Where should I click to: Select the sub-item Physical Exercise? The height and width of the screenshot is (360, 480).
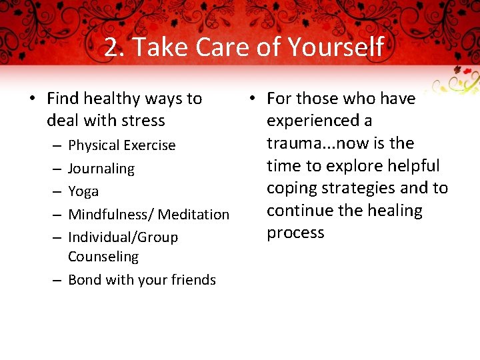click(x=122, y=145)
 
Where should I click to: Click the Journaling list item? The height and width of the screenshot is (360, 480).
click(x=101, y=169)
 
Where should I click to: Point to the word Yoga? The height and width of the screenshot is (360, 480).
click(x=83, y=191)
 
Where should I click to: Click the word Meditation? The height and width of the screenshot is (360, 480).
click(x=193, y=215)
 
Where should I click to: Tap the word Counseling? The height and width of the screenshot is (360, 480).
click(x=103, y=257)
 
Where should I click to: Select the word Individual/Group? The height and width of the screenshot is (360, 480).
click(x=123, y=237)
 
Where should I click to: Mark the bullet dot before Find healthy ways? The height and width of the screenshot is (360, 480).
click(x=32, y=99)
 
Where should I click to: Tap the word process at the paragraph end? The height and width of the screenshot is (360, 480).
click(x=295, y=233)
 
